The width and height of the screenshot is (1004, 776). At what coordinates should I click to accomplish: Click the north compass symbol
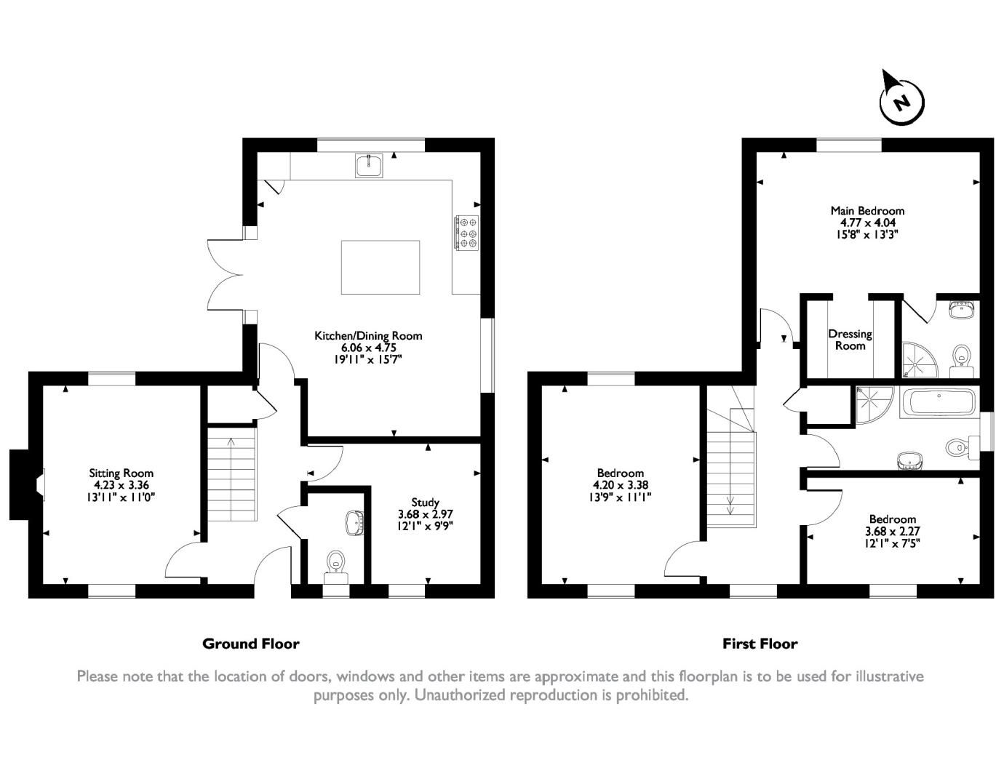point(901,101)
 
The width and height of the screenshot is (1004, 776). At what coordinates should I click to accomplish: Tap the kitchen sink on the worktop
point(369,166)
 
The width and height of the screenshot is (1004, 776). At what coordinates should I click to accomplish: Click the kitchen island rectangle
point(381,267)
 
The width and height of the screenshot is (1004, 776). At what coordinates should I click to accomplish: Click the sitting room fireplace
point(29,485)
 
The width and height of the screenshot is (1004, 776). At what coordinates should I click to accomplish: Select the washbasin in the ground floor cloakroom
point(354,523)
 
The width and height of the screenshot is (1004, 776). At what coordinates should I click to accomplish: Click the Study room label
point(425,502)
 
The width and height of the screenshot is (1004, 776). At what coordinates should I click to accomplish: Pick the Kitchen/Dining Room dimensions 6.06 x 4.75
point(368,347)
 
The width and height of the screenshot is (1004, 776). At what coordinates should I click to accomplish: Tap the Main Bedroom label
point(868,211)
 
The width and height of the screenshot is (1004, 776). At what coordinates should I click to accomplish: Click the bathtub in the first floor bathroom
point(939,401)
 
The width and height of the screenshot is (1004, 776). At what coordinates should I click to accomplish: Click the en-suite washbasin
point(962,310)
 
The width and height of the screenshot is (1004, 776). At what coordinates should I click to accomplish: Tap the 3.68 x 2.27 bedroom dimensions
point(893,531)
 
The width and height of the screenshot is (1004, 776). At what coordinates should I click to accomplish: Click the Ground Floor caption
point(250,644)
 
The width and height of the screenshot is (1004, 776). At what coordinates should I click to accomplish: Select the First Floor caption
point(760,644)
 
